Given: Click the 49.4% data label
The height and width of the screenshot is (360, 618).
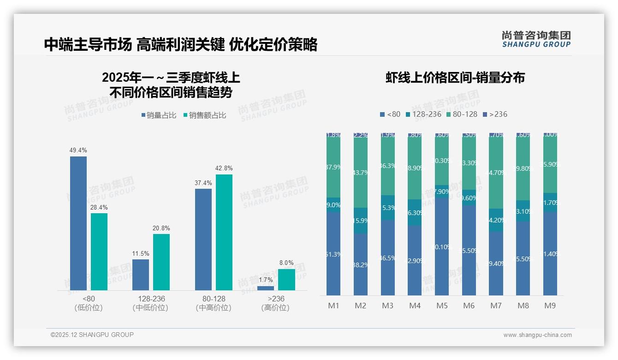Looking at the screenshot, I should click(x=78, y=150).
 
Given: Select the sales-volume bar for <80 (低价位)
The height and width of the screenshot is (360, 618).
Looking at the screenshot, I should click(x=78, y=223).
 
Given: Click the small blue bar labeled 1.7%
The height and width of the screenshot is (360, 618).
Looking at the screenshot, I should click(x=265, y=288).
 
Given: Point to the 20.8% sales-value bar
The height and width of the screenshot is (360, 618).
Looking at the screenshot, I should click(x=161, y=262).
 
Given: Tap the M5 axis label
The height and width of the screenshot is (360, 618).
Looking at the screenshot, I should click(x=442, y=306).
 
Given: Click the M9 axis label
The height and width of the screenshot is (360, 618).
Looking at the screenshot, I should click(x=550, y=306).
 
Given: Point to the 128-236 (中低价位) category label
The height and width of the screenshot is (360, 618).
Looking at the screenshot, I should click(x=150, y=303).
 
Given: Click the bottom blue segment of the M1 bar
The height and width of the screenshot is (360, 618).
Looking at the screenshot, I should click(x=333, y=254).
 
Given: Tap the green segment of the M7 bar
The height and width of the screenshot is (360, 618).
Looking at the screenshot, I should click(x=496, y=173).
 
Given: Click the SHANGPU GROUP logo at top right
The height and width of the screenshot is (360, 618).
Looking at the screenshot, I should click(x=536, y=39).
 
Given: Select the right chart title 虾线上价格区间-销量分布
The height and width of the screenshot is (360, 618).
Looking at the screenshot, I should click(x=455, y=78).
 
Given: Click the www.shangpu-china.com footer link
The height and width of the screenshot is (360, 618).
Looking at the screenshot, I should click(x=537, y=335).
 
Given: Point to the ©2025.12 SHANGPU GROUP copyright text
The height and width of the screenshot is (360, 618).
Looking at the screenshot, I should click(x=92, y=335).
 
